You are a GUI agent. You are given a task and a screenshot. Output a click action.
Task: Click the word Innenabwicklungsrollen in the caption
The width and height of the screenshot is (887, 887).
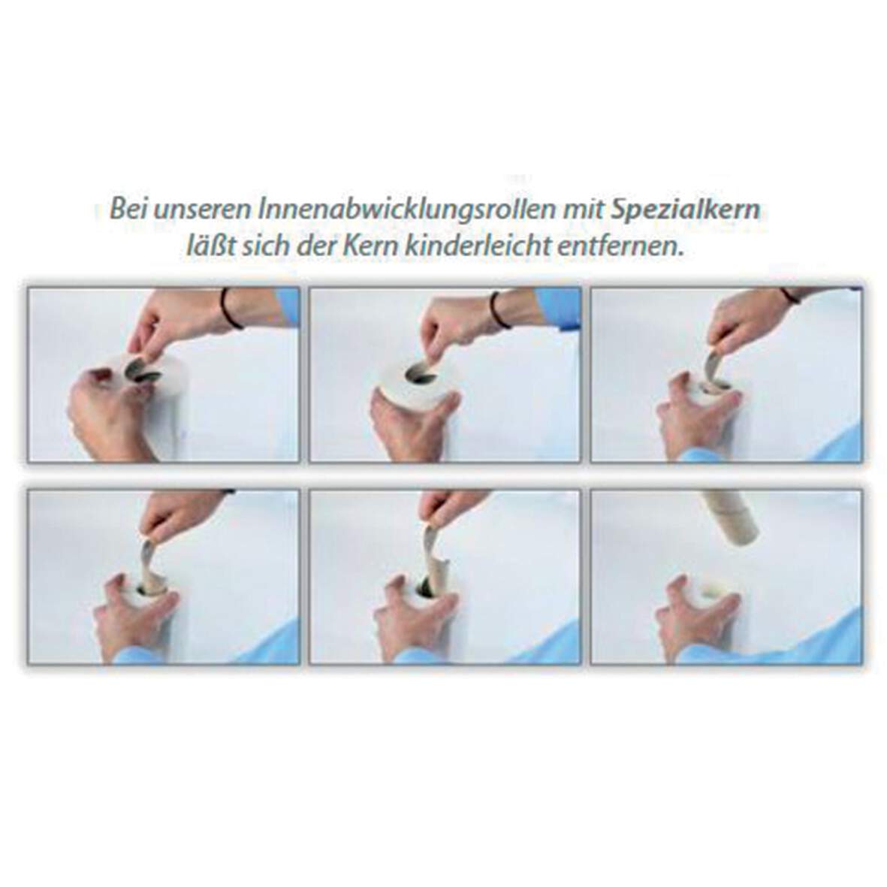[x=406, y=210]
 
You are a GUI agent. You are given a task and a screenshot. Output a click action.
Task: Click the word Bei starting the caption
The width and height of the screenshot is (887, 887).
[x=128, y=210]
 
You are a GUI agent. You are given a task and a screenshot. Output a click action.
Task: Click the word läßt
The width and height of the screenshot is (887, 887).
[x=210, y=246]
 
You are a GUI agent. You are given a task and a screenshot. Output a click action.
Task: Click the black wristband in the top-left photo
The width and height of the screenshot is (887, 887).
[x=231, y=308]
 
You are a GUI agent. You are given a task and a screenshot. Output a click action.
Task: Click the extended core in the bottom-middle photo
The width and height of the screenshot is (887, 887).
[x=433, y=560]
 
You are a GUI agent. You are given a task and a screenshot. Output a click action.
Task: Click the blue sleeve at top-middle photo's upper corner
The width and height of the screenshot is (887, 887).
[x=558, y=308]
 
